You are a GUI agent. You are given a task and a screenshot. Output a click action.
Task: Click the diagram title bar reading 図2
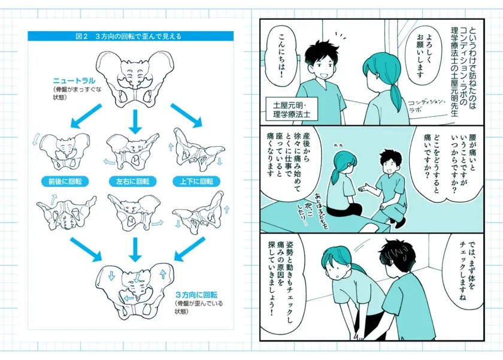(x=131, y=36)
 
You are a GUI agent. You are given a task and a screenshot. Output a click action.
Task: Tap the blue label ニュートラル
(x=72, y=80)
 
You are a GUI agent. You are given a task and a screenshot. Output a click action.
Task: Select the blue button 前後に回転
(x=66, y=180)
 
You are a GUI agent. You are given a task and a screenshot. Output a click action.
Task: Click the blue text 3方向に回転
(x=196, y=295)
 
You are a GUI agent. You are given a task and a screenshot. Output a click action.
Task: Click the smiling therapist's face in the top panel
(x=319, y=66)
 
